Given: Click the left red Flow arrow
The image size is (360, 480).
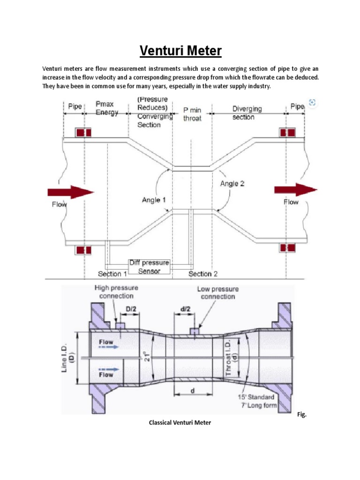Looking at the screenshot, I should coord(71,192).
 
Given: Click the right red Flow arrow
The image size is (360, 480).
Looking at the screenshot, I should coord(296,189).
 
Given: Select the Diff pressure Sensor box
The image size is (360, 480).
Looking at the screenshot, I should coord(150,267).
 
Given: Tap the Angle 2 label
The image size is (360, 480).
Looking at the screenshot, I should coord(232,184).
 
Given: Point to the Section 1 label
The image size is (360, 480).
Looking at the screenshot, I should coord(112,274).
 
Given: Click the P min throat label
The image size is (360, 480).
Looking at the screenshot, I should coord(192,114).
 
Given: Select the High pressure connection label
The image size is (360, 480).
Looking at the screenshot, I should coord(114,292).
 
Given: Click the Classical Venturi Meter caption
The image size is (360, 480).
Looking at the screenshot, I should coord(180,422).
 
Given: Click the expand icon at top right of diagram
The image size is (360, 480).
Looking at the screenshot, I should coord(313,102).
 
